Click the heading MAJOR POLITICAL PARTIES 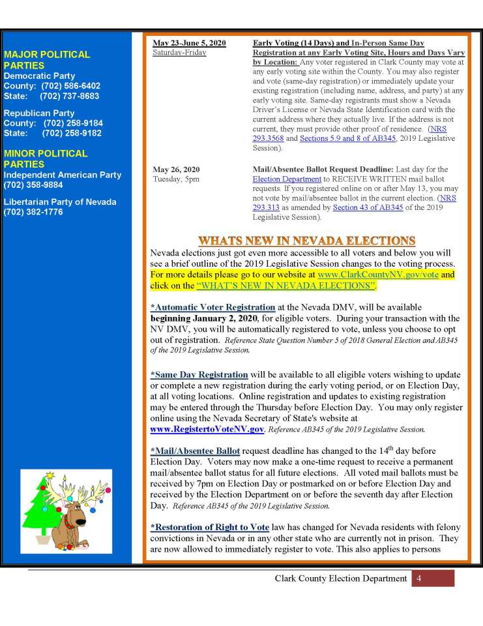click(x=47, y=60)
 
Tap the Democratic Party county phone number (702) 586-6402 click(x=70, y=86)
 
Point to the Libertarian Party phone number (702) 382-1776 click(x=33, y=212)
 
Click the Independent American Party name click(x=63, y=175)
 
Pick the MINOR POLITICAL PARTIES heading click(x=46, y=158)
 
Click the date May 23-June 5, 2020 click(x=189, y=43)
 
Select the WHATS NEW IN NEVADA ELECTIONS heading click(x=306, y=240)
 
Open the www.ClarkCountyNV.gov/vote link click(x=378, y=275)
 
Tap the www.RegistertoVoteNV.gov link click(x=207, y=430)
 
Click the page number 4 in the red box click(x=419, y=578)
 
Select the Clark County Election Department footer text click(x=341, y=578)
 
